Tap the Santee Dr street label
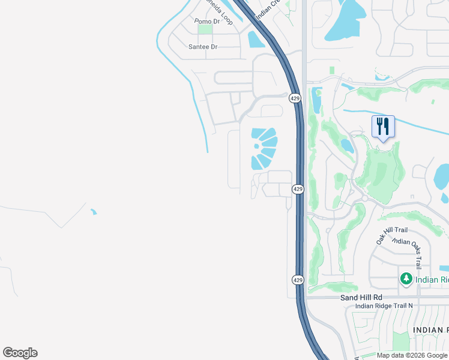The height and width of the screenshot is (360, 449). [203, 46]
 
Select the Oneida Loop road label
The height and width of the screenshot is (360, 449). [220, 13]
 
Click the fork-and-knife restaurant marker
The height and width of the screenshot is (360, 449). [383, 127]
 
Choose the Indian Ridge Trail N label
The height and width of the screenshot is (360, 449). [384, 306]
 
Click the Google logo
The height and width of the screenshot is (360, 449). [20, 353]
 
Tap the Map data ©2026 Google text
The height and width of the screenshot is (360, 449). [412, 356]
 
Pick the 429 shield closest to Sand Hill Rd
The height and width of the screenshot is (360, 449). [298, 280]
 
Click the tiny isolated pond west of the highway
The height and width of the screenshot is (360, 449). [93, 211]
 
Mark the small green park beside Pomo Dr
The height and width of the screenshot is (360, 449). [205, 29]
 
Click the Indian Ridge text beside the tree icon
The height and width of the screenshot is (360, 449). [432, 280]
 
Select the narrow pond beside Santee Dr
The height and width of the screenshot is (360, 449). [254, 40]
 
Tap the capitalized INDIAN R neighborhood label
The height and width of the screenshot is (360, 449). [430, 330]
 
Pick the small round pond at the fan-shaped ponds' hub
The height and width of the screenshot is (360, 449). [257, 145]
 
